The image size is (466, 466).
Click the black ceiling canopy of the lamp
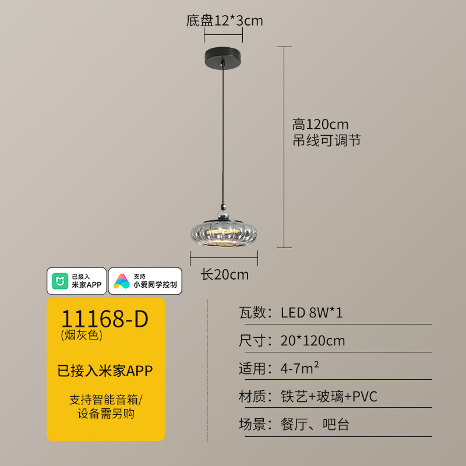pos(223,57)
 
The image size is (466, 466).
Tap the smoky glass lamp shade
pos(224,234)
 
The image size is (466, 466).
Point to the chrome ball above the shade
pos(223,214)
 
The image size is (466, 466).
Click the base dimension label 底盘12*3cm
pos(224,21)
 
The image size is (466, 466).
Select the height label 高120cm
pos(320,124)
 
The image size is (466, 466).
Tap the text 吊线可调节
pos(327,140)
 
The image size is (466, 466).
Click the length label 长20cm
pos(225,274)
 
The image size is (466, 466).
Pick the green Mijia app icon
pos(60,281)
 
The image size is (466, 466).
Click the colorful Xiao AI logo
pos(122,281)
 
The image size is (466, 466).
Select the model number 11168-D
pos(105,319)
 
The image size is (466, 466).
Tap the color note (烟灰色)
pos(82,335)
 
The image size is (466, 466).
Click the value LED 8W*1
pos(312,313)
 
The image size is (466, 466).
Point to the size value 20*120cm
pos(313,341)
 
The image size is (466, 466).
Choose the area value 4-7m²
pos(299,368)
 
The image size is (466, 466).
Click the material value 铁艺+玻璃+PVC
pos(329,396)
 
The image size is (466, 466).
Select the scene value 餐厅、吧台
pos(315,424)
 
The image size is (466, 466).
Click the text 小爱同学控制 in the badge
pos(155,284)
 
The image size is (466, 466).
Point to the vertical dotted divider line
pos(207,370)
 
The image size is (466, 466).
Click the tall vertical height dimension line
pos(284,147)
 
